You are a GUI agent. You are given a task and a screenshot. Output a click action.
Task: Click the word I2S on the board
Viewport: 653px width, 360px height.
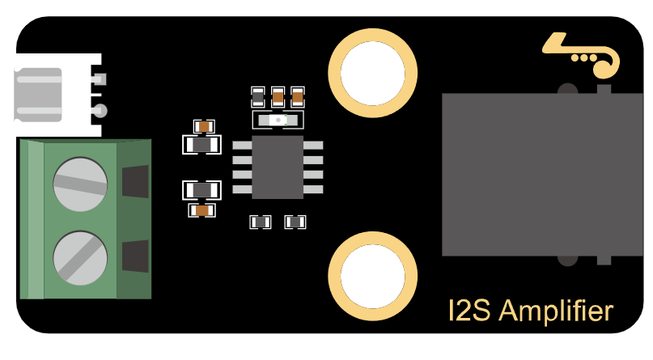coord(469,310)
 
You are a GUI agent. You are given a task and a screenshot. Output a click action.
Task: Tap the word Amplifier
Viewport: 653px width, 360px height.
coord(556,311)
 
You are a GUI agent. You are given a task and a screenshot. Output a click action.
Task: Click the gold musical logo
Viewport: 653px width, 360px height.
coord(582,55)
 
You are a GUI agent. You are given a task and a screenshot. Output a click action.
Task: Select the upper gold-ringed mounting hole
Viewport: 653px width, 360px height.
coord(373,73)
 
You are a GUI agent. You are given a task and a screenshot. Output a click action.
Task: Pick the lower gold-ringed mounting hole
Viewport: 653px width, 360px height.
coord(373,276)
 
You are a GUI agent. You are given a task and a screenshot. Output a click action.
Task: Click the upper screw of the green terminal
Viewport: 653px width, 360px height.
coord(80,184)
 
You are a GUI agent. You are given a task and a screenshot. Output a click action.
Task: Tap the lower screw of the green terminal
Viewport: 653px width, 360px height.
coord(80,258)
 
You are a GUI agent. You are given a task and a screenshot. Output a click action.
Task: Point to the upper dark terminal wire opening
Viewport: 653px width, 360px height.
coord(135,181)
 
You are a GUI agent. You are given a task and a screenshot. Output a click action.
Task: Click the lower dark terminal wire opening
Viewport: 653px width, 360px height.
coord(135,256)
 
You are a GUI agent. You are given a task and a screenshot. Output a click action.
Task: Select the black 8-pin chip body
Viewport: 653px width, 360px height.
coord(278,167)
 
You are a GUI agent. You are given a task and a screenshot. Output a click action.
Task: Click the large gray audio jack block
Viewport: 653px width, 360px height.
coord(542,175)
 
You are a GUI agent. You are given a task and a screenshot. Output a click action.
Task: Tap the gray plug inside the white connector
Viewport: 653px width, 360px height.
coord(38,95)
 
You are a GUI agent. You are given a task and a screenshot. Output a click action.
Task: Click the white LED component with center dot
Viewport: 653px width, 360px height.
coord(278,121)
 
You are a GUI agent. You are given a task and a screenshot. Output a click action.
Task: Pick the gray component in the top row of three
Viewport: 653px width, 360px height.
coord(258,97)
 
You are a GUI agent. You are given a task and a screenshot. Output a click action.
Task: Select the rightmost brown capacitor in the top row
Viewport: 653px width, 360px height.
coord(298,97)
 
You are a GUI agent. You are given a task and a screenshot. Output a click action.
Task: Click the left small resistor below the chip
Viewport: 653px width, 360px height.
coord(261,222)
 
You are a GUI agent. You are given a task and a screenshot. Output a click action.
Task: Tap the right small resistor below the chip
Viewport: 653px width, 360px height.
coord(295,222)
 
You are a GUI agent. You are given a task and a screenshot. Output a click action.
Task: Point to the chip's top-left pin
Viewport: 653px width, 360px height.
coord(243,146)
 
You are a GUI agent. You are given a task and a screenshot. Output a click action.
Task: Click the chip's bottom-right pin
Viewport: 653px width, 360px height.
coord(313,189)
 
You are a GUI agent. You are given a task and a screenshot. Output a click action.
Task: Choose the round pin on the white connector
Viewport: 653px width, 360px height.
coord(101,111)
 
